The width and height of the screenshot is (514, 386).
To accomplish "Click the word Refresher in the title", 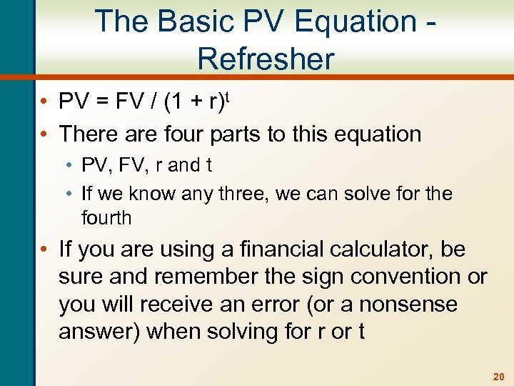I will point(266,59).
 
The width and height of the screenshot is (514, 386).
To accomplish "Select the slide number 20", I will point(498,375).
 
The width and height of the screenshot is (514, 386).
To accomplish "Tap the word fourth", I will point(106,218).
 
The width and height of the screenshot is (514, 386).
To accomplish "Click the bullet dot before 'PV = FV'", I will point(44,103).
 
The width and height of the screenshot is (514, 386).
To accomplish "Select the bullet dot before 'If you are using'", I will point(44,250).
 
